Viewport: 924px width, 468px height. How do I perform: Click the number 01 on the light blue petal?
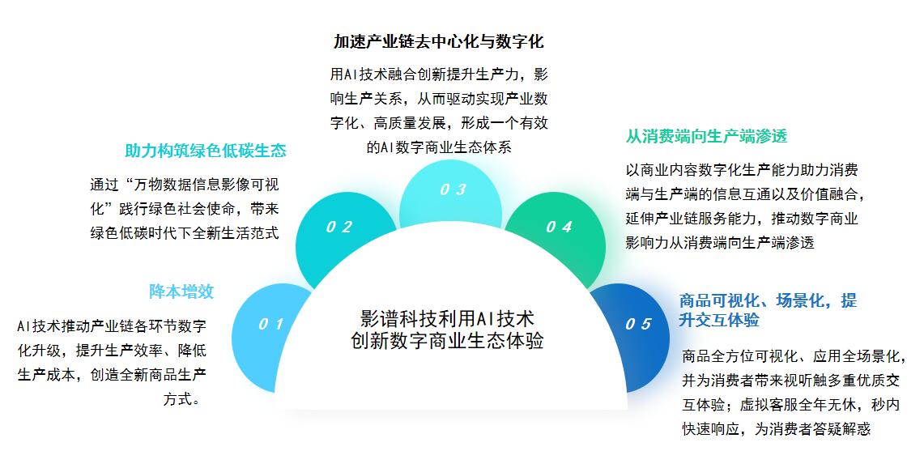pos(271,324)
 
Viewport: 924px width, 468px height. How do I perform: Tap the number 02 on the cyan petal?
pos(339,227)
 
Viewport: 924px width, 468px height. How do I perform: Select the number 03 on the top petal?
pos(453,189)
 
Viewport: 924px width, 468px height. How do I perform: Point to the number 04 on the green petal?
pos(559,227)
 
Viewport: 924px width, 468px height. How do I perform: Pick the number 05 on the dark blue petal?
pos(638,324)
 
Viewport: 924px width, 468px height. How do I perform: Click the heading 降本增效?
pos(181,291)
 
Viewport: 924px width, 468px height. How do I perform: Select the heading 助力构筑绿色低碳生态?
pos(206,151)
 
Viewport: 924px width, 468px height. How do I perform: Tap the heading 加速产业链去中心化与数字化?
pos(438,41)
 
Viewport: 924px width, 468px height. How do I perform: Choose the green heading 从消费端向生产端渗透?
pos(706,136)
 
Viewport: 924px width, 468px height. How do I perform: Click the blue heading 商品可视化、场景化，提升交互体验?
pos(768,310)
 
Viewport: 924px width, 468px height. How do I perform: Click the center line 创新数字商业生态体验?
pos(447,341)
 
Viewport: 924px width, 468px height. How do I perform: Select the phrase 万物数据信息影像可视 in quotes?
pos(207,185)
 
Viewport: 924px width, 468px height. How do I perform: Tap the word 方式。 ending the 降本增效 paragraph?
pos(185,399)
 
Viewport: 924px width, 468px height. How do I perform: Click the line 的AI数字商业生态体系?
pos(439,147)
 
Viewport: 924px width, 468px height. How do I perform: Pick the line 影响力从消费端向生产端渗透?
pos(720,242)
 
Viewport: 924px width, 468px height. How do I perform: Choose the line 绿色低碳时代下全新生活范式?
pos(185,233)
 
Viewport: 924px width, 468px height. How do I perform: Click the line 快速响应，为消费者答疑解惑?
pos(777,429)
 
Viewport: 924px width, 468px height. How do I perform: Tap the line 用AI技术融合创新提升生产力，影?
pos(439,74)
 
